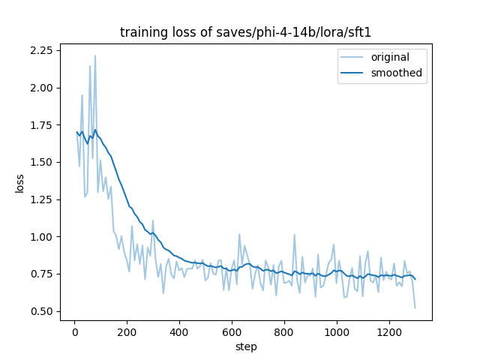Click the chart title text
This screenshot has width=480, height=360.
click(245, 33)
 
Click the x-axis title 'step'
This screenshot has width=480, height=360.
click(245, 347)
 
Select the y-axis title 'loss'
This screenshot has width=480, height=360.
click(20, 182)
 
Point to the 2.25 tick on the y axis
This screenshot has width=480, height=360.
click(41, 50)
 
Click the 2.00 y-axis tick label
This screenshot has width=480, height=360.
click(41, 88)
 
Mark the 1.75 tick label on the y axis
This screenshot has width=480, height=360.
click(41, 124)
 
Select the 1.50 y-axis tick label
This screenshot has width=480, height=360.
click(41, 162)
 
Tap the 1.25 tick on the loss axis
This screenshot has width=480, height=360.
click(41, 199)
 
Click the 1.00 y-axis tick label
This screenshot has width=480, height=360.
click(41, 237)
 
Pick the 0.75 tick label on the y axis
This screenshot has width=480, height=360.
click(41, 274)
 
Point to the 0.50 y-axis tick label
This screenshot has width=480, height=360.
click(41, 311)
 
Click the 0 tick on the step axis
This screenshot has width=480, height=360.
click(74, 331)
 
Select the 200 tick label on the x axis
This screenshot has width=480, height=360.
click(127, 331)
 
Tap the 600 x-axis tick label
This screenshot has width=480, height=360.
click(232, 331)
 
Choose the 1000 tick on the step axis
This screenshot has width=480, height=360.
click(337, 331)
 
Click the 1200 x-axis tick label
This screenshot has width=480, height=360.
click(389, 331)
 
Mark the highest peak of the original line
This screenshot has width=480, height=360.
click(95, 55)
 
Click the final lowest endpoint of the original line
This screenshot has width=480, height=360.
click(415, 307)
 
